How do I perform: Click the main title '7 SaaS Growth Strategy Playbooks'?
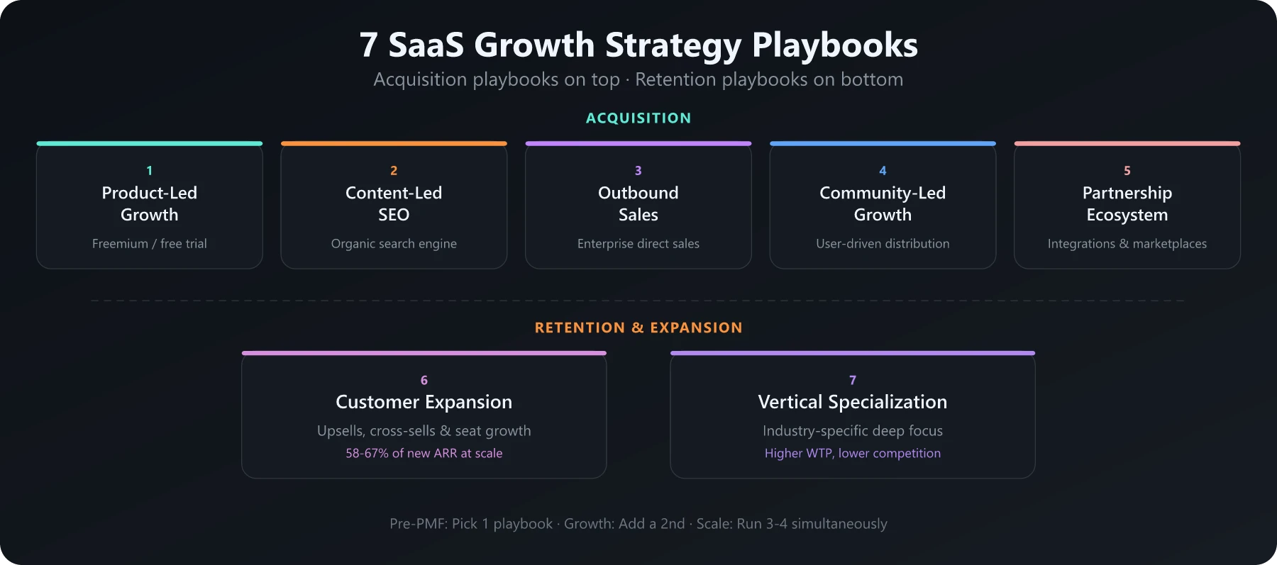coord(638,45)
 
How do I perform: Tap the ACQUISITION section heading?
coord(638,118)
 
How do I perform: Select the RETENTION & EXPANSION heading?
coord(638,328)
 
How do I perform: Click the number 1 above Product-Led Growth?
coord(149,171)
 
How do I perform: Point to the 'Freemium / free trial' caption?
coord(149,244)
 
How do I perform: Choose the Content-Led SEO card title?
coord(394,203)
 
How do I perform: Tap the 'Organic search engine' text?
coord(394,244)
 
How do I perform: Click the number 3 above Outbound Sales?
coord(638,171)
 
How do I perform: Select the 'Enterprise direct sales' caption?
coord(638,244)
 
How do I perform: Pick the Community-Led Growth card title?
coord(883,203)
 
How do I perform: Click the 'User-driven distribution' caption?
coord(883,244)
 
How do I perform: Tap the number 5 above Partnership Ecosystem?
coord(1127,171)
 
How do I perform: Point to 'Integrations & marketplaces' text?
coord(1127,244)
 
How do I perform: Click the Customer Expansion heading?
coord(424,402)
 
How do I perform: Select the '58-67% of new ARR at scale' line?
coord(424,454)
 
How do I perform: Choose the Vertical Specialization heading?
coord(852,402)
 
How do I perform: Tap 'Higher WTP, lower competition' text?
coord(852,454)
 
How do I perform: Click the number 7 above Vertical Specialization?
coord(852,380)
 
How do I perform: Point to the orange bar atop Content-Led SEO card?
coord(394,143)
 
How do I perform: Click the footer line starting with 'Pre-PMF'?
coord(638,524)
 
